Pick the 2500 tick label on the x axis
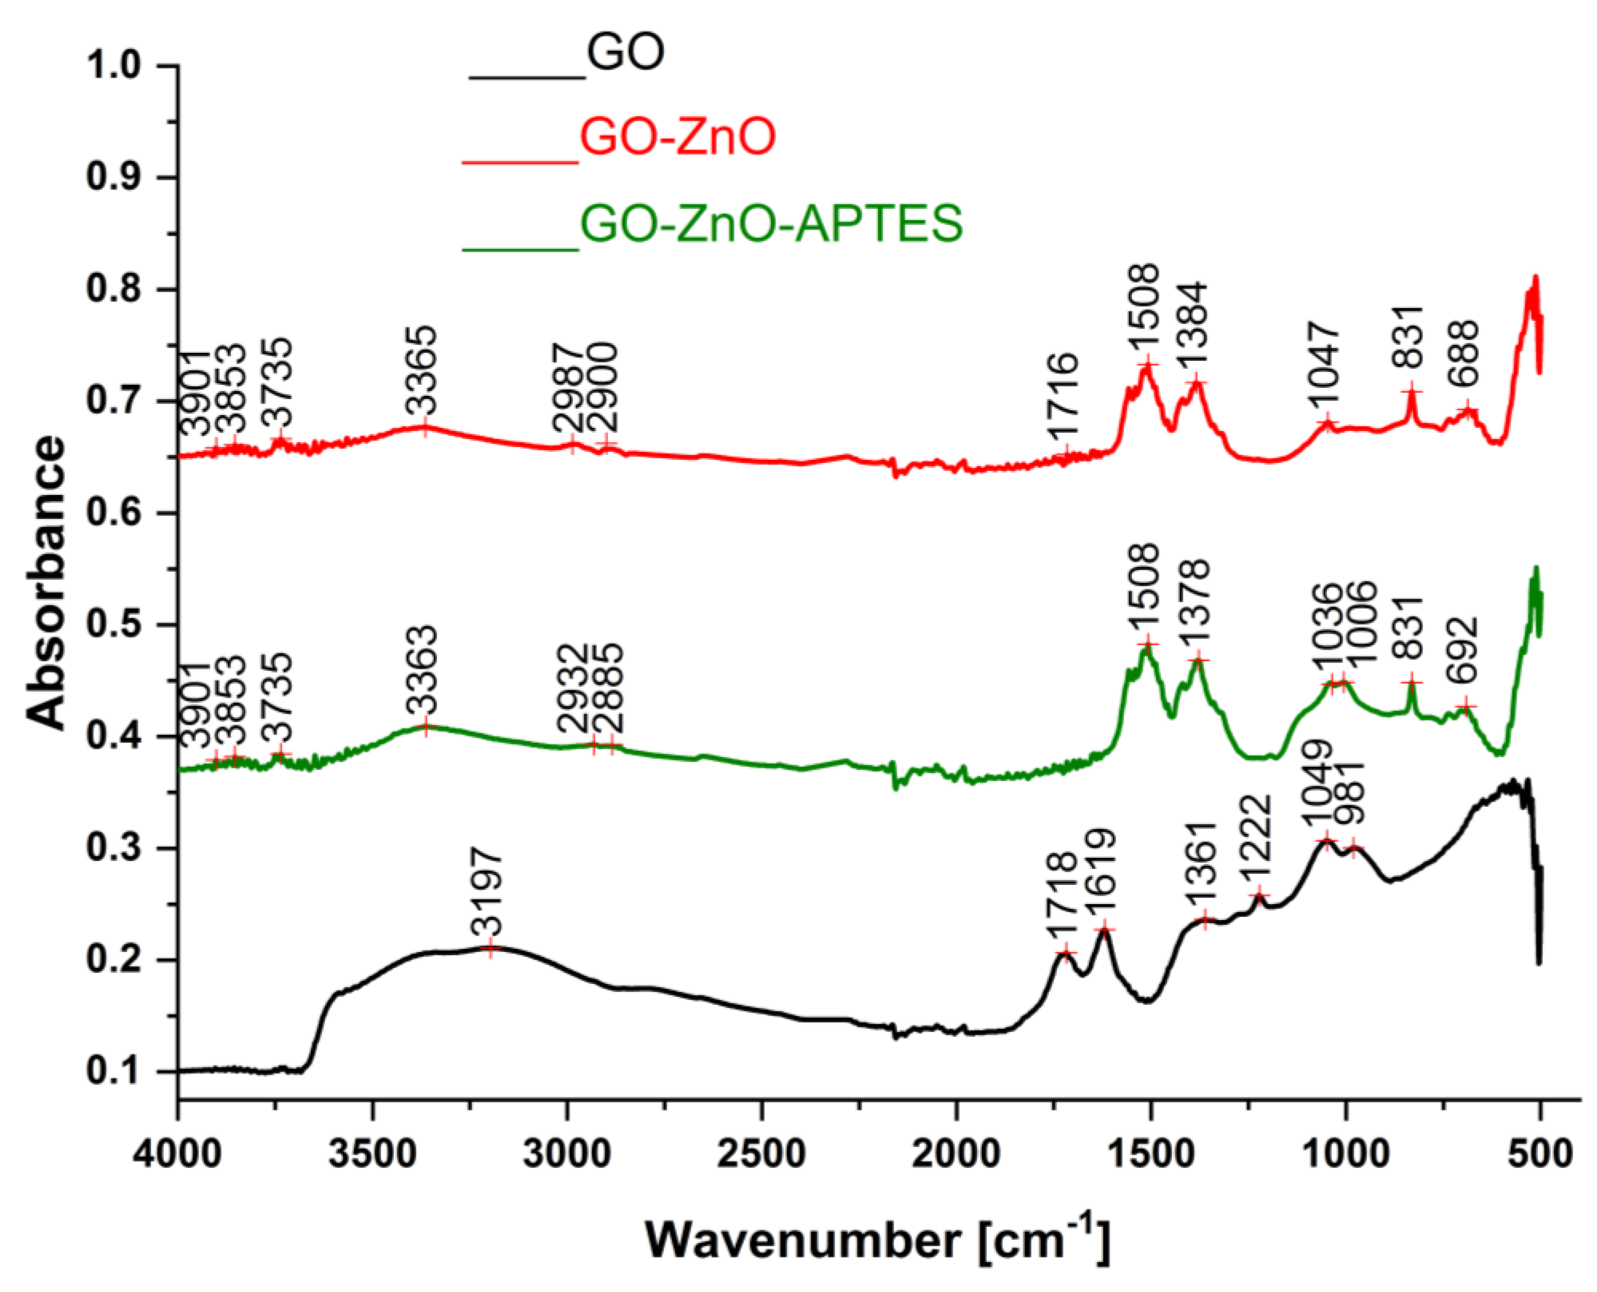[762, 1154]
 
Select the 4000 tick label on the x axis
[179, 1154]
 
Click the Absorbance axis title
[46, 581]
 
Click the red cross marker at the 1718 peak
[1066, 954]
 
